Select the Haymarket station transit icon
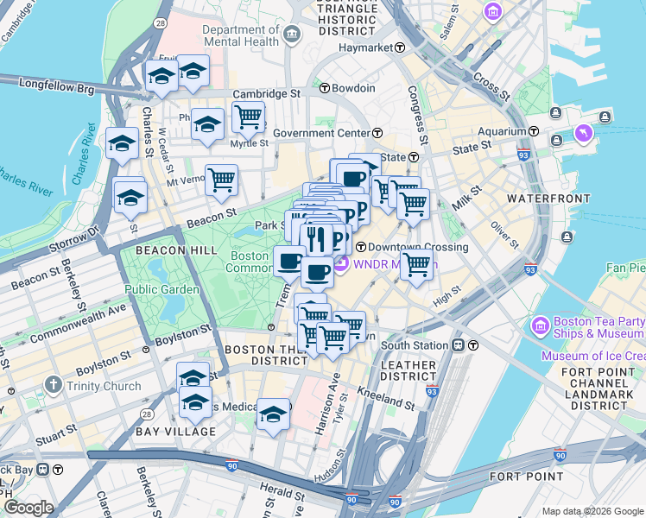400,47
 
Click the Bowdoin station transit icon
325,88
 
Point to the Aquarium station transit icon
535,131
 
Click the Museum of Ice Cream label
592,356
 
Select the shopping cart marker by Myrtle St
248,116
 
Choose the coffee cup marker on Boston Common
289,260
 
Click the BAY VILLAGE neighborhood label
175,431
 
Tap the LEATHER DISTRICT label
408,371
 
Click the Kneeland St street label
386,400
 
